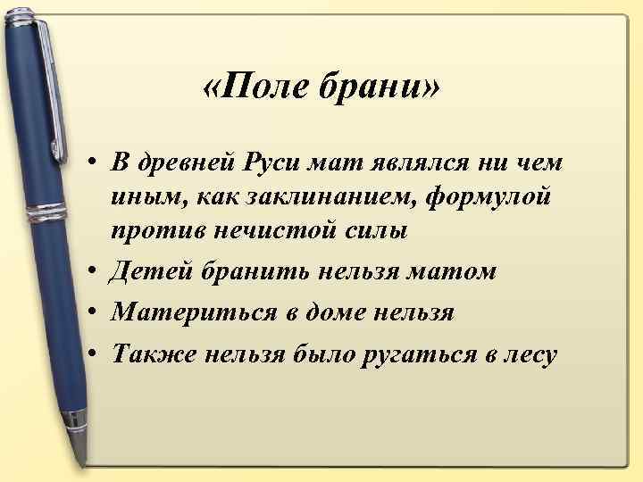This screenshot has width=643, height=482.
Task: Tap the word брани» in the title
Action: (369, 88)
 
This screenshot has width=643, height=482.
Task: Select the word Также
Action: (152, 354)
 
